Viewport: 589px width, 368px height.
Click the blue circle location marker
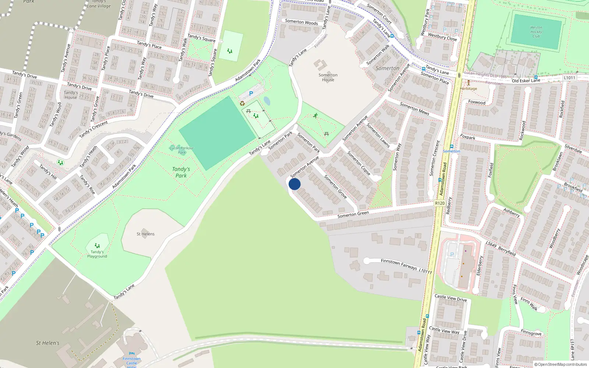294,184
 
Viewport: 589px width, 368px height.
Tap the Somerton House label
328,77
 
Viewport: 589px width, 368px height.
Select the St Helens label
145,234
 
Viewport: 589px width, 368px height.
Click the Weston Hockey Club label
536,32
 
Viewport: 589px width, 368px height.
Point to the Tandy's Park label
181,172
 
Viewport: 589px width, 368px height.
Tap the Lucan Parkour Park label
182,150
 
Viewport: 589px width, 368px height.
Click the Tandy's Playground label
97,254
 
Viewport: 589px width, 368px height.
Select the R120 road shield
440,203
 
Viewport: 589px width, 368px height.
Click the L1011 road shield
569,78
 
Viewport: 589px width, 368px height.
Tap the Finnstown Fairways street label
399,264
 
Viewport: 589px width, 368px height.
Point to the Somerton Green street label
353,214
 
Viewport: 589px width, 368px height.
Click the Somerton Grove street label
335,187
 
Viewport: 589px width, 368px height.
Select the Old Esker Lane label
526,81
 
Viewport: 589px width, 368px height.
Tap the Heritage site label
468,88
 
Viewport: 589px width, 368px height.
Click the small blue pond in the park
267,101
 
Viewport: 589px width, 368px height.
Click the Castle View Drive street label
451,298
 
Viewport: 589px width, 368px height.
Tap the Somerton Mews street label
415,109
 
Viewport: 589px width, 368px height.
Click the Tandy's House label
71,95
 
